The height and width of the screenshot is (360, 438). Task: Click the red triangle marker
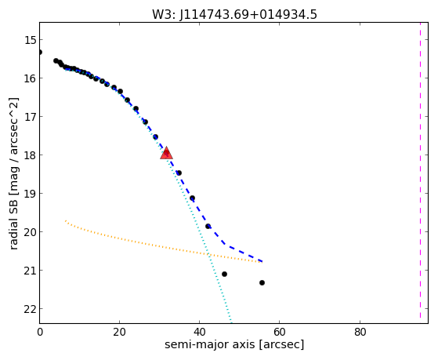pos(166,153)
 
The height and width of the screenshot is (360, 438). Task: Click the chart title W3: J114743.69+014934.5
pos(234,14)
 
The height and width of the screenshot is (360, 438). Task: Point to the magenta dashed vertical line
pos(420,170)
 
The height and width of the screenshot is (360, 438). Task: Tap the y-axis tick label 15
pos(30,40)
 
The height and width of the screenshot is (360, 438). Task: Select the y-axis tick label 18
pos(30,155)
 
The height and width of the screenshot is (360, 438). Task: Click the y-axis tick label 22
pos(30,309)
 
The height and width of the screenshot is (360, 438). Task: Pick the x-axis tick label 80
pos(360,333)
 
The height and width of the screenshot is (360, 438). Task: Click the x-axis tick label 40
pos(200,333)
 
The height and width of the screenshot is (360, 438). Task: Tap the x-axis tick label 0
pos(40,333)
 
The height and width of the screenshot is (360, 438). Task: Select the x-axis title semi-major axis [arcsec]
pos(234,344)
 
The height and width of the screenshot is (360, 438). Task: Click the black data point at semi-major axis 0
pos(40,53)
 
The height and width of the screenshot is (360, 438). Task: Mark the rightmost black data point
pos(262,283)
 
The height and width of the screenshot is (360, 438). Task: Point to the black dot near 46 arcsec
pos(224,275)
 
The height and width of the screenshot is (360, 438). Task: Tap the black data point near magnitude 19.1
pos(192,198)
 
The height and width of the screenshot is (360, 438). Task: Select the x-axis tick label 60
pos(280,333)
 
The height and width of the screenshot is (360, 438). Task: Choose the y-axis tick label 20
pos(30,232)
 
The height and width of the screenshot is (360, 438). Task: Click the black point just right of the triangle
pos(179,173)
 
